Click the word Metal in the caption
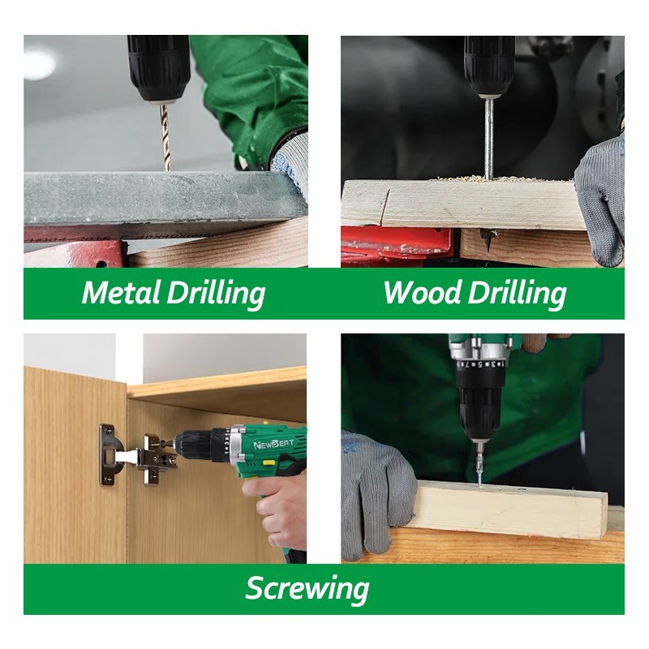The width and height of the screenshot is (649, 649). pos(121,293)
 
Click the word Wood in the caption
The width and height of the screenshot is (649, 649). pos(422,293)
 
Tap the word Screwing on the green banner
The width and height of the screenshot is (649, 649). pos(307,589)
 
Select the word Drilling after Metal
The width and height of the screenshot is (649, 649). pos(216,294)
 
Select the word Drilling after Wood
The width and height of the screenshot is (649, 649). pos(517,294)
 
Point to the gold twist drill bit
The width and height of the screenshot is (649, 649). pos(165,137)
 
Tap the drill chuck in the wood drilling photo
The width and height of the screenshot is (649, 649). pos(490,67)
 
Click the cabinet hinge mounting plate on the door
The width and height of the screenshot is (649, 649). pos(109,454)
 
